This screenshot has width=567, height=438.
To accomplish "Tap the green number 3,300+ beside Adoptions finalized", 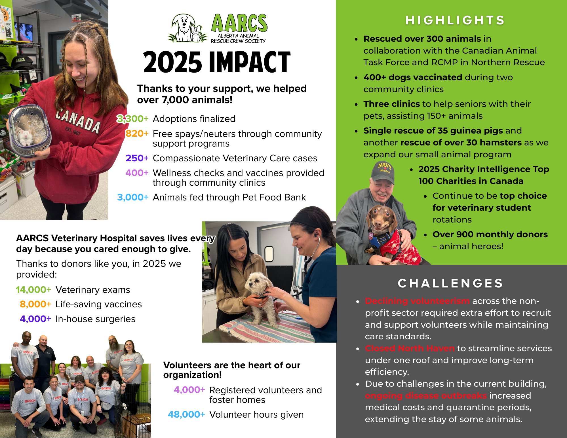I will pyautogui.click(x=133, y=119).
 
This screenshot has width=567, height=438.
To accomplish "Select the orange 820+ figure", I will pyautogui.click(x=137, y=134).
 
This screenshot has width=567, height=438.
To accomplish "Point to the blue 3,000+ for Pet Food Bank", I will pyautogui.click(x=133, y=197).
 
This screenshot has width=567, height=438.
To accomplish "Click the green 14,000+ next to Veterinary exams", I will pyautogui.click(x=33, y=290).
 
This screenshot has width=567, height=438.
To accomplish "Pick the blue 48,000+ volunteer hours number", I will pyautogui.click(x=186, y=414).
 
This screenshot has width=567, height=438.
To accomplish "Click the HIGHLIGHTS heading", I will pyautogui.click(x=455, y=20).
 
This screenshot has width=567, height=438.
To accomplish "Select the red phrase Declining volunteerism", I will pyautogui.click(x=417, y=301).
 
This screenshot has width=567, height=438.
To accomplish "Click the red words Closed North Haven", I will pyautogui.click(x=410, y=348).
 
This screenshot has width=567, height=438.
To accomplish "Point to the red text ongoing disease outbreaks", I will pyautogui.click(x=426, y=395).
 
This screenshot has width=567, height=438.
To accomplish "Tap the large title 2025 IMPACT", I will pyautogui.click(x=217, y=62).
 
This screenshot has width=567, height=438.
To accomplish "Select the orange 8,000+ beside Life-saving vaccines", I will pyautogui.click(x=35, y=304).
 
